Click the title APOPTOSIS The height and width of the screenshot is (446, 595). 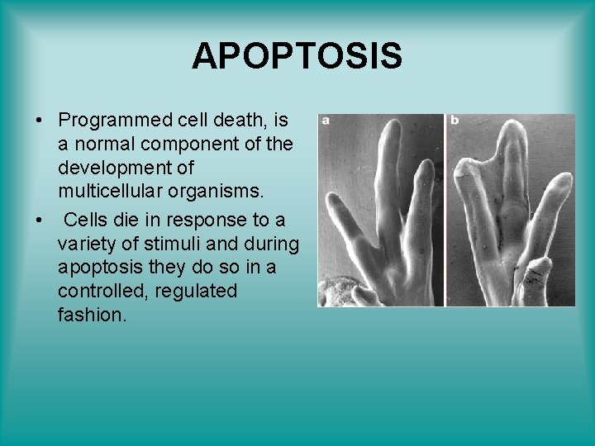(x=297, y=56)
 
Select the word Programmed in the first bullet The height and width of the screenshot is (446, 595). (x=114, y=121)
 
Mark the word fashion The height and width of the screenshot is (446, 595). (x=92, y=316)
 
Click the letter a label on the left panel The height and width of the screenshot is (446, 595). (x=326, y=121)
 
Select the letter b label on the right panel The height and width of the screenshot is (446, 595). (x=455, y=121)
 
